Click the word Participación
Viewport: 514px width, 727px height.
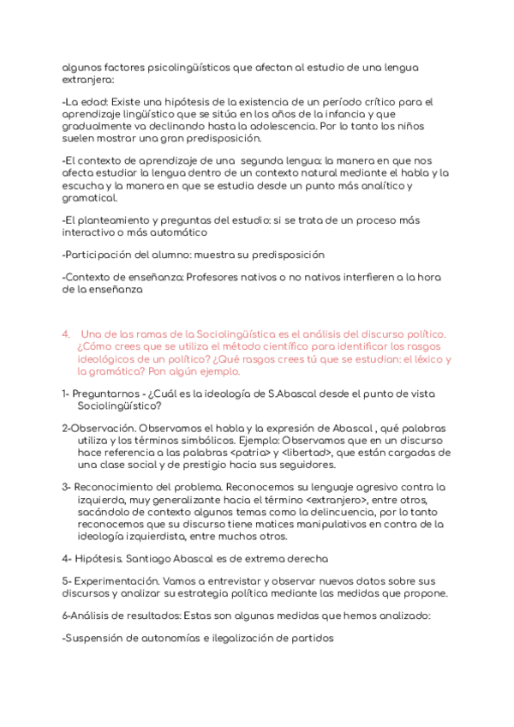point(98,255)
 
